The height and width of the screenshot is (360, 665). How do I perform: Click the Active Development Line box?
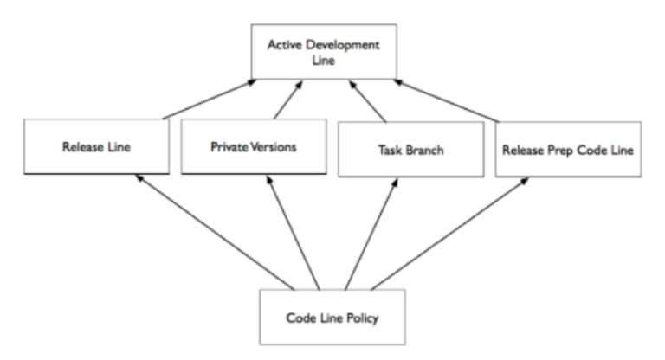click(x=324, y=52)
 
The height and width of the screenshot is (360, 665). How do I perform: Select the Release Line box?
click(x=97, y=147)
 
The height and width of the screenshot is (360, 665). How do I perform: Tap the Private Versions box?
click(x=254, y=147)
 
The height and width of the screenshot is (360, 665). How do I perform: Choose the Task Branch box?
click(x=411, y=150)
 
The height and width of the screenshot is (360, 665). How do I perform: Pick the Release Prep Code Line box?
click(x=568, y=150)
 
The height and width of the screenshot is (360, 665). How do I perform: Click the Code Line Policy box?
click(x=332, y=318)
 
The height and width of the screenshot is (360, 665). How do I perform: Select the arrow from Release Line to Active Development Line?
click(x=210, y=100)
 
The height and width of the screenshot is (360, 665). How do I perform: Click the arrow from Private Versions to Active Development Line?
click(x=288, y=100)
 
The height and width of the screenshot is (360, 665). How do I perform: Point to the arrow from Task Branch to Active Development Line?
click(x=367, y=101)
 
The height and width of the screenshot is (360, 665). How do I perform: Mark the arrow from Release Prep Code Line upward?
click(x=447, y=100)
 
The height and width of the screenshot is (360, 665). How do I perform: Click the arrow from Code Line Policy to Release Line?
click(x=215, y=232)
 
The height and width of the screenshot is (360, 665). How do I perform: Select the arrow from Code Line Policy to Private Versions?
click(x=293, y=233)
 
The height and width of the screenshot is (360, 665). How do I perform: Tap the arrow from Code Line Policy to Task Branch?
click(x=371, y=234)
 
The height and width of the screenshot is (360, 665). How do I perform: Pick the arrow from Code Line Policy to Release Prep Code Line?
click(x=450, y=234)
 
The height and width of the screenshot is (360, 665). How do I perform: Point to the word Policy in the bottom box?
click(x=363, y=318)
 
